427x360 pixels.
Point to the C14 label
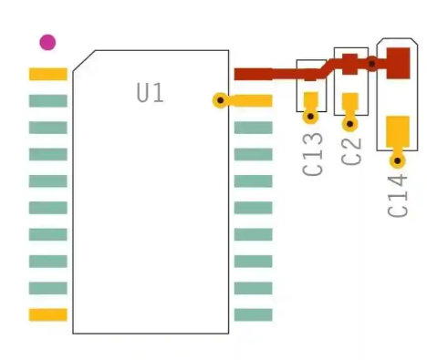[398, 195]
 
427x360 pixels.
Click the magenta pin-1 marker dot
[47, 42]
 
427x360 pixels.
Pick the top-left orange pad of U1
[48, 74]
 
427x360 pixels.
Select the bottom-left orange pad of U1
[48, 314]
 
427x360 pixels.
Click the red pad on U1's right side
[254, 74]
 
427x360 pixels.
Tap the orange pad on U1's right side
[251, 100]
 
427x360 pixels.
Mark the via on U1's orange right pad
[219, 100]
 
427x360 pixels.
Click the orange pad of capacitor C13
[311, 99]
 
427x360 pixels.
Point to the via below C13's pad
[311, 116]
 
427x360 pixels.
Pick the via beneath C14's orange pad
[397, 160]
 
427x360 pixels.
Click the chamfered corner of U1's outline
[83, 62]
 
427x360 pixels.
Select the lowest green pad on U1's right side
[253, 314]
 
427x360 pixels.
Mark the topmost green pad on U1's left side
[48, 100]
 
